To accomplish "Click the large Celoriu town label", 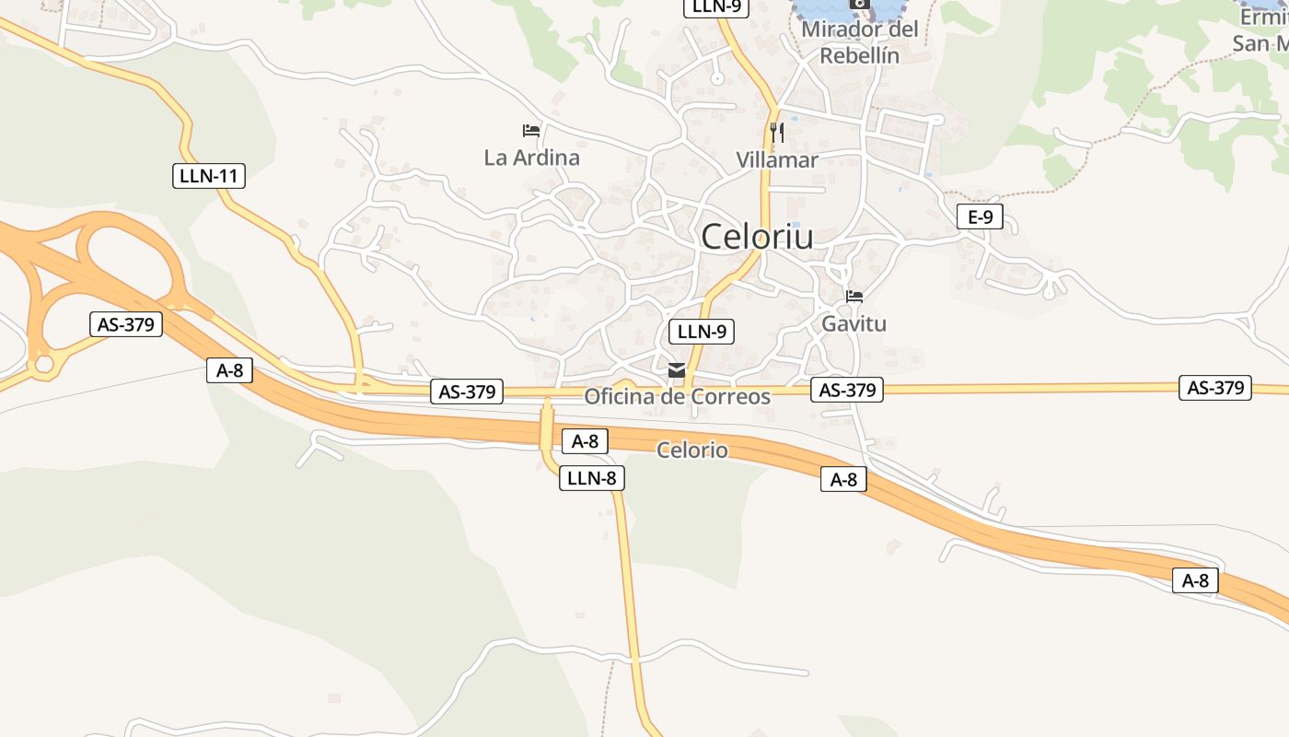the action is pyautogui.click(x=757, y=237).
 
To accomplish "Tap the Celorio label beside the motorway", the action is pyautogui.click(x=691, y=450).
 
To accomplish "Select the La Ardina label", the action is pyautogui.click(x=532, y=158).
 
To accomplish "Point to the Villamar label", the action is pyautogui.click(x=777, y=160).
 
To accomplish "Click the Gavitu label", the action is pyautogui.click(x=854, y=324).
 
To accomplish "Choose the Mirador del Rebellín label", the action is pyautogui.click(x=860, y=42).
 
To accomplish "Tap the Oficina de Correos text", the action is pyautogui.click(x=678, y=397).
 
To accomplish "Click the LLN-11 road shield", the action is pyautogui.click(x=209, y=175).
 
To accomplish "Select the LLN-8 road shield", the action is pyautogui.click(x=592, y=478).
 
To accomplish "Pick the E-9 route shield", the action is pyautogui.click(x=980, y=217).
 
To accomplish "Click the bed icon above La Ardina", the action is pyautogui.click(x=531, y=131).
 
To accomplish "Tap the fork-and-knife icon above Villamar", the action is pyautogui.click(x=777, y=132).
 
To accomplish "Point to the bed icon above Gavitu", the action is pyautogui.click(x=854, y=297).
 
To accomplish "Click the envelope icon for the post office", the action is pyautogui.click(x=677, y=370).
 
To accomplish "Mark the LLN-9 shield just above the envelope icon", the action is pyautogui.click(x=702, y=332).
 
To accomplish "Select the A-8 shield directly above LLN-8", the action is pyautogui.click(x=585, y=441).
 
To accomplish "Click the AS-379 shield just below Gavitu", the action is pyautogui.click(x=847, y=390).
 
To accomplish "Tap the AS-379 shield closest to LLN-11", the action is pyautogui.click(x=125, y=324).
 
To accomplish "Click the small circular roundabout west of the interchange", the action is pyautogui.click(x=42, y=366).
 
